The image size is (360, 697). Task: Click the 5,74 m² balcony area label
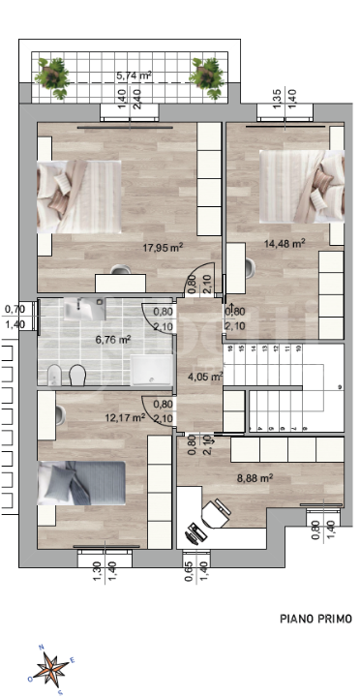click(x=134, y=75)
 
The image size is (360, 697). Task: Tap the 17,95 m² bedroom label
click(x=162, y=247)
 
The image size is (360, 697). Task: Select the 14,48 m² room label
click(x=285, y=243)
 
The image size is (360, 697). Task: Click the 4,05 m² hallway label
click(x=205, y=378)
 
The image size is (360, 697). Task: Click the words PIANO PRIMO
click(x=315, y=618)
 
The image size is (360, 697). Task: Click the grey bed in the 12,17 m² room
click(x=81, y=482)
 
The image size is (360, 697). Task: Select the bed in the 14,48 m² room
click(x=301, y=186)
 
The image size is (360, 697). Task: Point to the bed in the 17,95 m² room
click(x=77, y=197)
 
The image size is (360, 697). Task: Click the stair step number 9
click(x=340, y=386)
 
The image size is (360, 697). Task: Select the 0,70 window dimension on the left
click(x=15, y=309)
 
